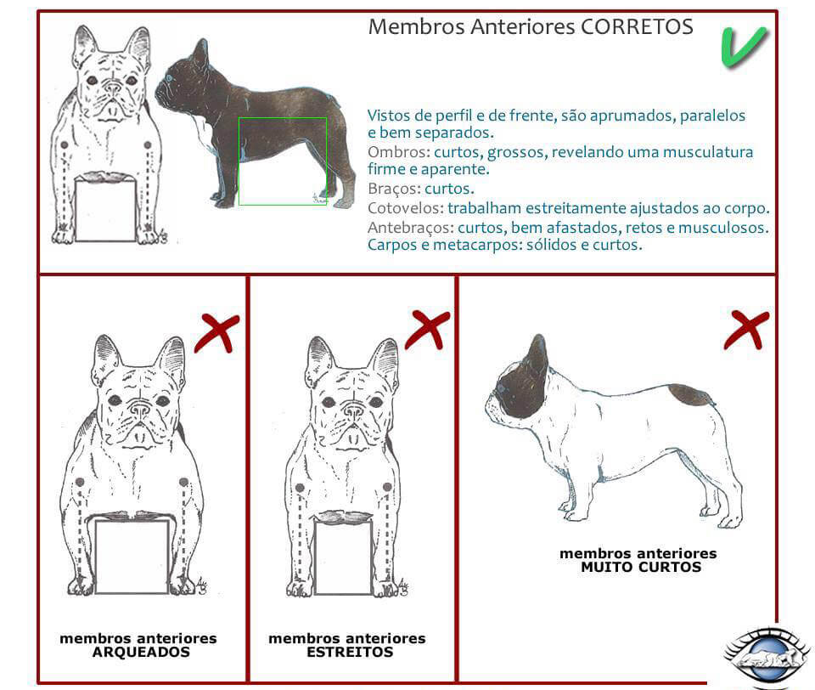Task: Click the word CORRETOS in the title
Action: (637, 26)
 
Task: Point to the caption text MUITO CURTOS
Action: (641, 567)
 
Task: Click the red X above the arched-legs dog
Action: (216, 333)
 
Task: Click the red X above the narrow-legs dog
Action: (427, 329)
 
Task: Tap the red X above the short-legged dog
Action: (745, 329)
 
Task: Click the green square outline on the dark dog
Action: (282, 161)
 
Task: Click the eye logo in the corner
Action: (766, 656)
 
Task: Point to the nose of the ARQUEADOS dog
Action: (139, 410)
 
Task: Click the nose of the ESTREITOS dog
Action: (352, 410)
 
